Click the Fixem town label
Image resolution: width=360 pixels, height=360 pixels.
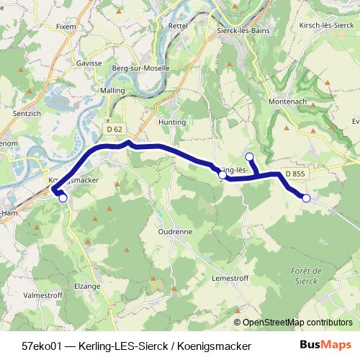(66, 27)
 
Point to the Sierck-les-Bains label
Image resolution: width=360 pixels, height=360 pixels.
(243, 32)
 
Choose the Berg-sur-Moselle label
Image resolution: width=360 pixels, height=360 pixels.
(141, 68)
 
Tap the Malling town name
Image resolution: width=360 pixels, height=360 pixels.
(113, 91)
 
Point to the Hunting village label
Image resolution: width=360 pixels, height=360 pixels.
(173, 122)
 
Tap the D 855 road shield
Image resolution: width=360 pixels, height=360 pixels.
(295, 174)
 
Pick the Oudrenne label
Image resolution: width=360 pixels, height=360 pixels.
(175, 233)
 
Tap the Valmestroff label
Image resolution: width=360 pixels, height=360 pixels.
(42, 294)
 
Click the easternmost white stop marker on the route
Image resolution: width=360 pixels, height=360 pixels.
(307, 197)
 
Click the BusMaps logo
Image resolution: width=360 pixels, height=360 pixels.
(326, 345)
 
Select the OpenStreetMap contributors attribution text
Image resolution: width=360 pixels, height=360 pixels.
(297, 322)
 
